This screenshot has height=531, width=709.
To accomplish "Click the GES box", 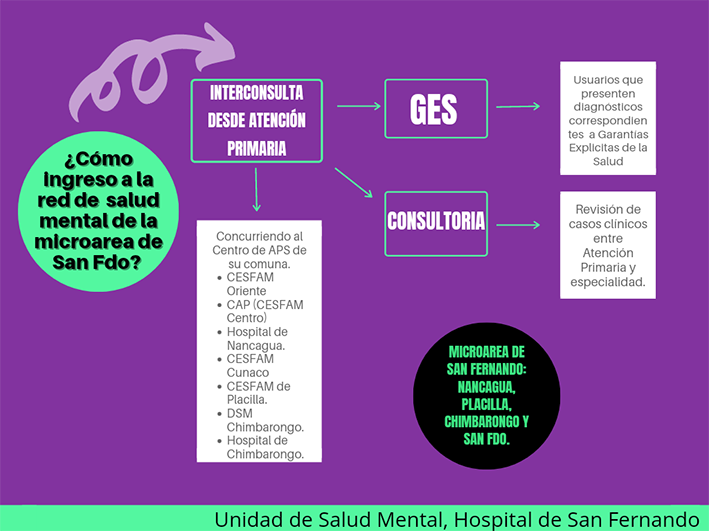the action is tap(436, 109).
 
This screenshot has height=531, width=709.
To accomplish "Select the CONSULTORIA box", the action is tap(436, 224).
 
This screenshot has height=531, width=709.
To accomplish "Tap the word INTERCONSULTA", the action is tap(256, 93).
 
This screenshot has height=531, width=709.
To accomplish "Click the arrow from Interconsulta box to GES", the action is tap(359, 106).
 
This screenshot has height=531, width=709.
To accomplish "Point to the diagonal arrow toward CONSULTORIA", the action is tap(354, 183).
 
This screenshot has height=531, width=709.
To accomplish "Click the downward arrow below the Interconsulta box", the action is tap(256, 190).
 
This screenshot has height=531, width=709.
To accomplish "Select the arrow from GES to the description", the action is tap(518, 107).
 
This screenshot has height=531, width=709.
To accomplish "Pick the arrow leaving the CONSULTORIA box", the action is tap(518, 225).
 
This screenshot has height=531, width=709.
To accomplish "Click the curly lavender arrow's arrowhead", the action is tap(217, 47).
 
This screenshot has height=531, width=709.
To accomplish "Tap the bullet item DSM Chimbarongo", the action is tap(261, 420).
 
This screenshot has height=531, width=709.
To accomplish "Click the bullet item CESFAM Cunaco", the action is tap(250, 365).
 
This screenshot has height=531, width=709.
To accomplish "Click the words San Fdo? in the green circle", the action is tap(97, 262).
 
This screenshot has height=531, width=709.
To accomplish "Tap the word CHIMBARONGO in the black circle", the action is tap(482, 422).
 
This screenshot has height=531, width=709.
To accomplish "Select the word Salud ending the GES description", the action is tap(608, 161).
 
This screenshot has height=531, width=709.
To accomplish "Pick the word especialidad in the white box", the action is tap(607, 282).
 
